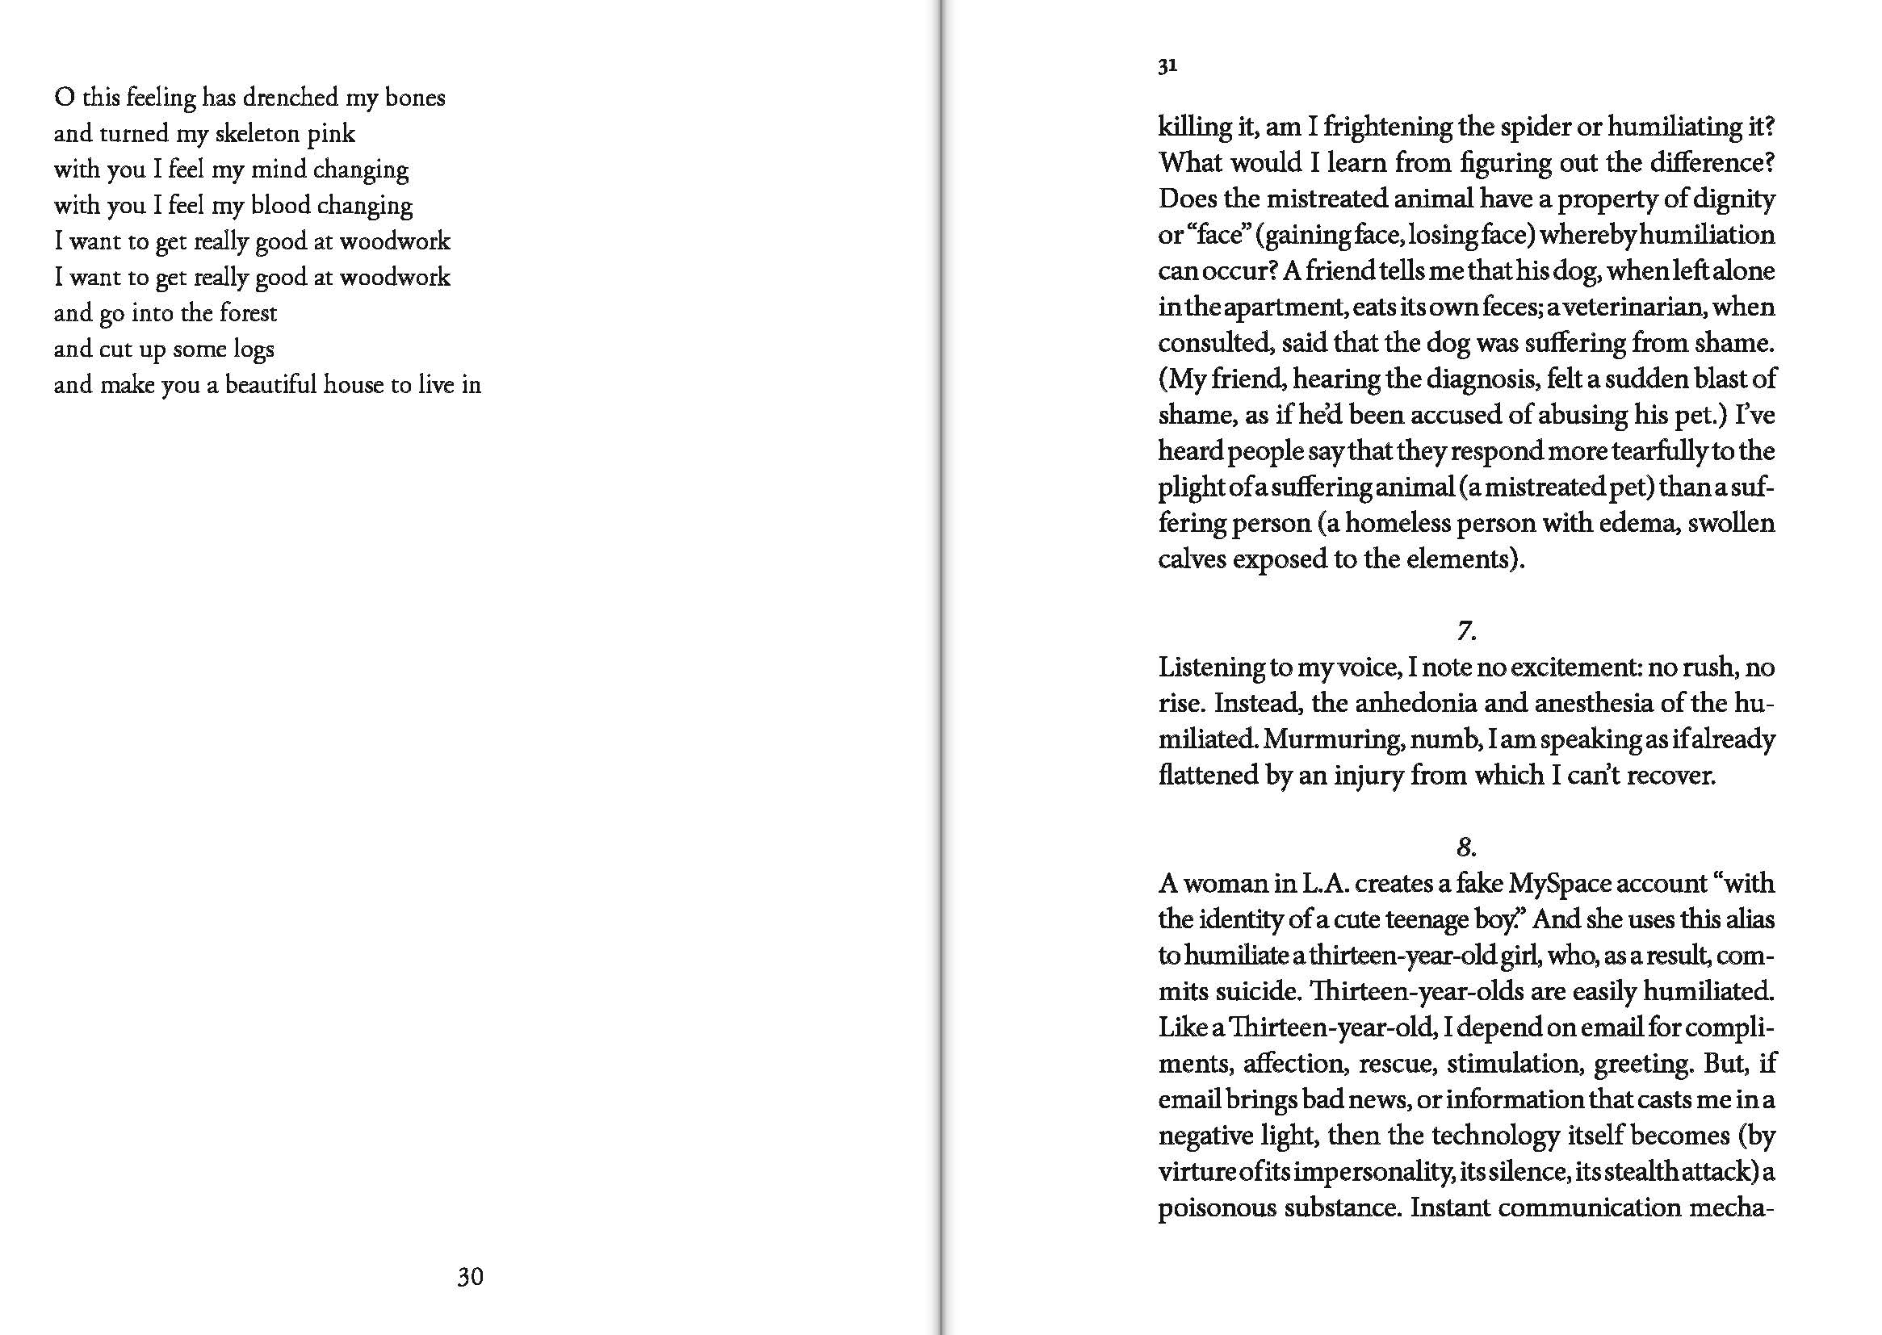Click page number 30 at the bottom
(469, 1277)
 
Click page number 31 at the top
(1167, 65)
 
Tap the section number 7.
(1466, 630)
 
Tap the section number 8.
(1466, 847)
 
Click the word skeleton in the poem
(257, 133)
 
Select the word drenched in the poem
(290, 97)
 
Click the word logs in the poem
(253, 349)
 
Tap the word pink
(331, 133)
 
